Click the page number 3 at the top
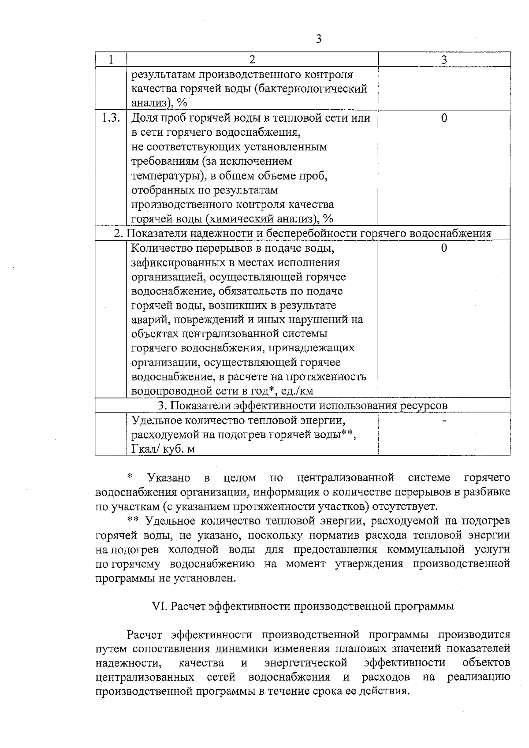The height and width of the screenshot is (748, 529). pyautogui.click(x=318, y=39)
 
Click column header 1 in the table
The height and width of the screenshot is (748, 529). pyautogui.click(x=111, y=60)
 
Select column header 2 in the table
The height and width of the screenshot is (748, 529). pyautogui.click(x=252, y=60)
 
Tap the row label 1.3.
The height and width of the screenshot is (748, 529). pyautogui.click(x=111, y=118)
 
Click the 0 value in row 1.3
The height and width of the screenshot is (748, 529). pyautogui.click(x=444, y=118)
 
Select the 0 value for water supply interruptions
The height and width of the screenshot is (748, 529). pyautogui.click(x=444, y=248)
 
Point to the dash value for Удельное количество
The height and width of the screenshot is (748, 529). pyautogui.click(x=444, y=421)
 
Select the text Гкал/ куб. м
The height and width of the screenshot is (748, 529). pyautogui.click(x=164, y=449)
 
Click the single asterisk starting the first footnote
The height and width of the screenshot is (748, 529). pyautogui.click(x=130, y=476)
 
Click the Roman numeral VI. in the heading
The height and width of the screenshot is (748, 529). pyautogui.click(x=159, y=606)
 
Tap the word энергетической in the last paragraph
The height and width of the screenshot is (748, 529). pyautogui.click(x=306, y=663)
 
